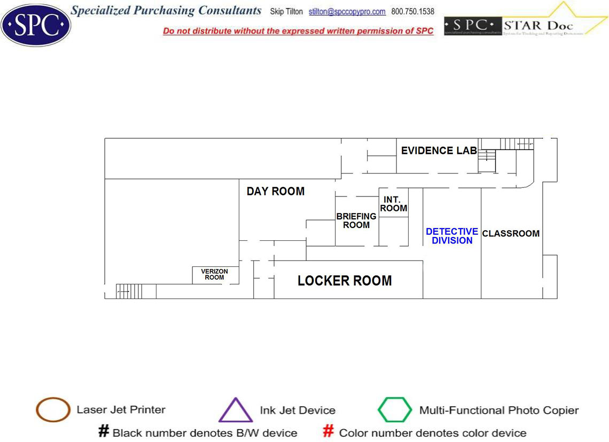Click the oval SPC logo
coord(36,25)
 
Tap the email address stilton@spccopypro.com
coord(347,12)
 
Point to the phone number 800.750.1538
coord(412,12)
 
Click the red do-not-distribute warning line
coord(298,31)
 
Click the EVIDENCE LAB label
coord(439,151)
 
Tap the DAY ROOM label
coord(275,191)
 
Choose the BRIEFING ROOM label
coord(356,220)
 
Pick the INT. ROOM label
coord(394,204)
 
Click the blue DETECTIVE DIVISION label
coord(452,236)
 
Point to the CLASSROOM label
coord(511,233)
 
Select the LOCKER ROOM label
coord(345,280)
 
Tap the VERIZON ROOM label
coord(214,274)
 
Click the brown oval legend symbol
coord(53,410)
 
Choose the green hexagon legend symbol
coord(395,410)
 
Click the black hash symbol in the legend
coord(104,431)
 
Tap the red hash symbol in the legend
coord(329,431)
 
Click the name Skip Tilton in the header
coord(286,12)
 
